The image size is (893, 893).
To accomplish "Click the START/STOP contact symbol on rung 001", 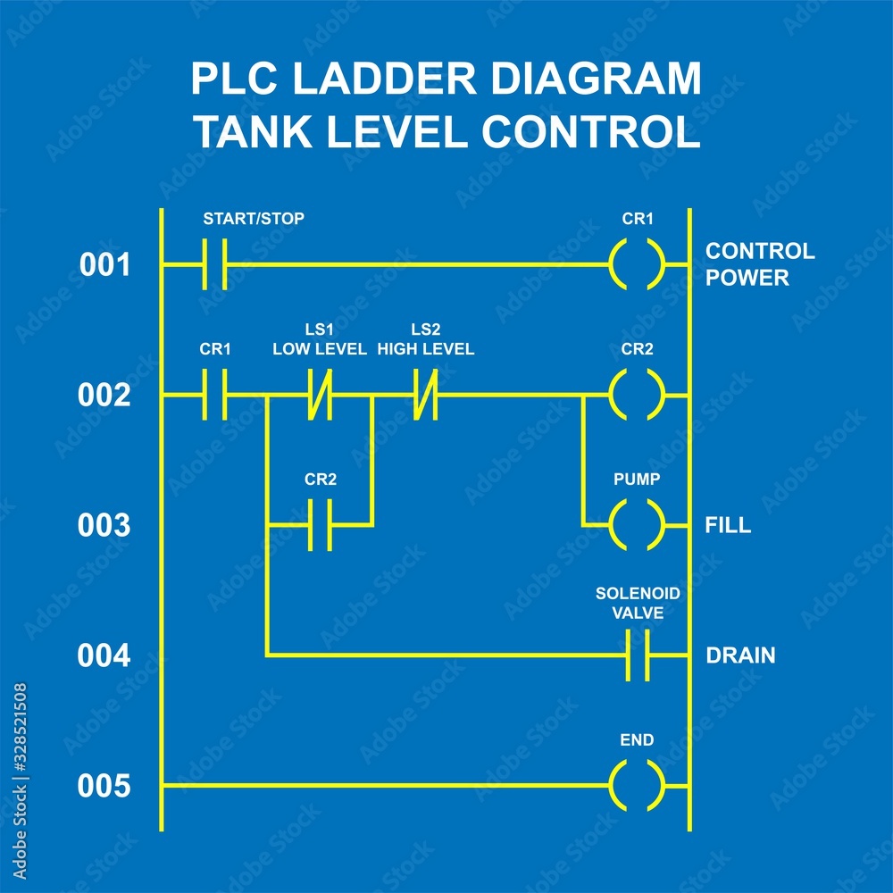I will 214,264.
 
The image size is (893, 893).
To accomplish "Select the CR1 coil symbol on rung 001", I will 638,264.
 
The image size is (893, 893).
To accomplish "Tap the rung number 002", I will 104,395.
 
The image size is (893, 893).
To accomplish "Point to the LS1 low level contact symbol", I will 320,395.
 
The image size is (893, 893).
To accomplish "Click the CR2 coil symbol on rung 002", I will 638,395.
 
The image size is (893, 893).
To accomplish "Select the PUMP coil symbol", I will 638,525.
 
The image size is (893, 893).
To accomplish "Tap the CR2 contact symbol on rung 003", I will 320,525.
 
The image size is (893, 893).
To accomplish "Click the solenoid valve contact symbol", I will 638,655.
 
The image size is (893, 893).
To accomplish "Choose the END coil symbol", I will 638,786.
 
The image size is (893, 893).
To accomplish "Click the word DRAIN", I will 740,656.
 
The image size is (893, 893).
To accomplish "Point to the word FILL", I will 728,526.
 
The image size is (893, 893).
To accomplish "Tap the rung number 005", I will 104,787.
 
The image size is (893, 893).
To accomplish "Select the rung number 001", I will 104,265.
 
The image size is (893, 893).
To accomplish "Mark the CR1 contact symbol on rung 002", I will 214,395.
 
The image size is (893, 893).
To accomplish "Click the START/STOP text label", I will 254,218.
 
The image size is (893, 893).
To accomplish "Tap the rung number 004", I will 104,656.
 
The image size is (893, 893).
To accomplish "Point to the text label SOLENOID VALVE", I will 638,603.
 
